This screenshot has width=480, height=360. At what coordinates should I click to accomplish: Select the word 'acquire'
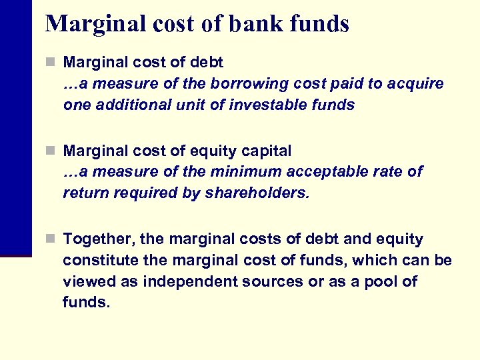[418, 83]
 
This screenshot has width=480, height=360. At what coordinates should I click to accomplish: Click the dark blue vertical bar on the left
[15, 127]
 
